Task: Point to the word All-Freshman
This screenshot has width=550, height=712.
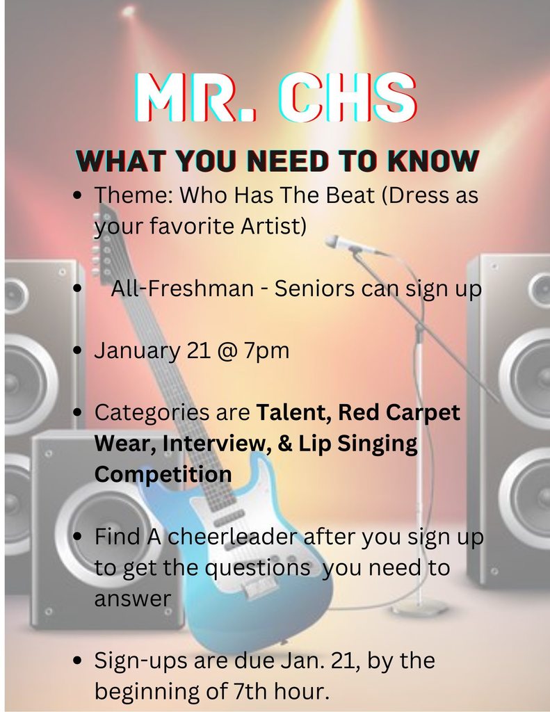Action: tap(182, 289)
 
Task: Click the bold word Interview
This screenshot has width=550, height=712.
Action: tap(216, 443)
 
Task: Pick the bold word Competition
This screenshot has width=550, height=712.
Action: tap(163, 474)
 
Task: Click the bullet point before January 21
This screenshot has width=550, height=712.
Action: tap(78, 350)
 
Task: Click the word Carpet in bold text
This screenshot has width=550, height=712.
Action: tap(424, 412)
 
